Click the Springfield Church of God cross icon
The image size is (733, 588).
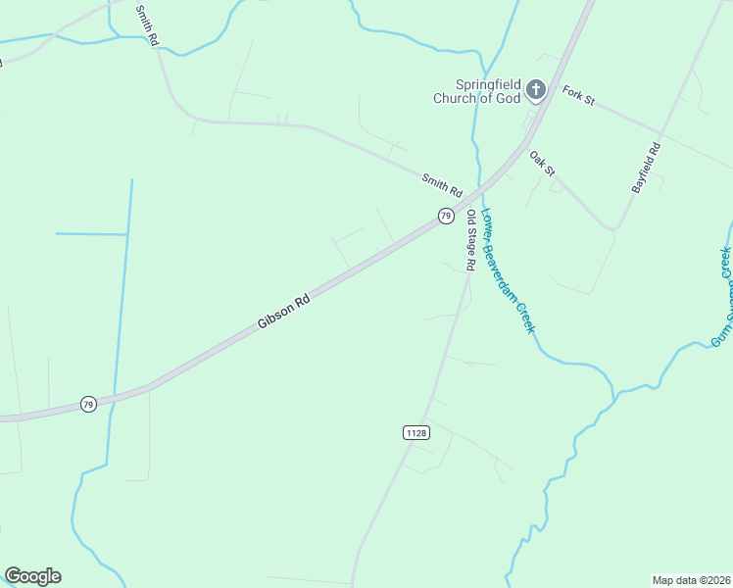(535, 90)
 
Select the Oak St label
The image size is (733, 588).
(542, 164)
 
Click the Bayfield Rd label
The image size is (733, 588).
(647, 167)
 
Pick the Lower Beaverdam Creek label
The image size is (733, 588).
(509, 272)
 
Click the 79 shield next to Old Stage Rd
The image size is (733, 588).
(446, 216)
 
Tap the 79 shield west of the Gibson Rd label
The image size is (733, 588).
(88, 404)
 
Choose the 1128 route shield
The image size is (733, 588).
(415, 432)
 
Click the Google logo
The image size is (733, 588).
(32, 576)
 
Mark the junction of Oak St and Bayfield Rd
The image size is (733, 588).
(614, 229)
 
